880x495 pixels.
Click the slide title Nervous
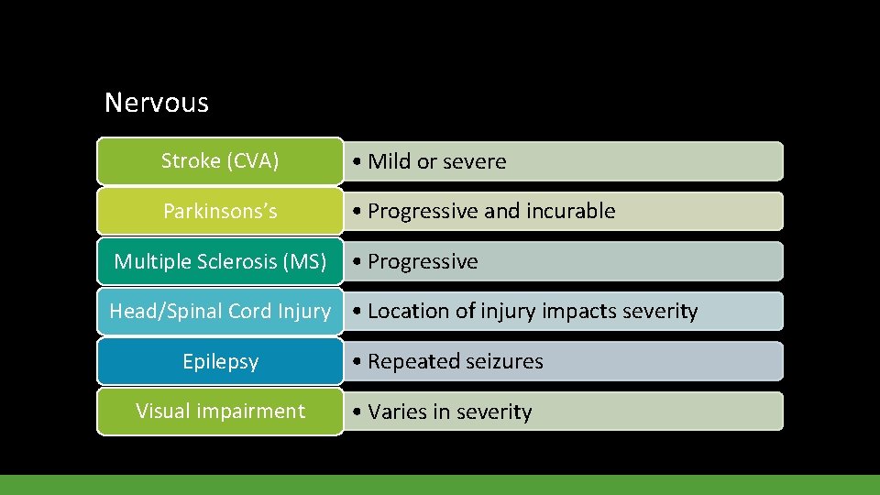[x=157, y=102]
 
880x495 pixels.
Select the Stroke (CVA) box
[x=220, y=161]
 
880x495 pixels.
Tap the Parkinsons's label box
[x=220, y=211]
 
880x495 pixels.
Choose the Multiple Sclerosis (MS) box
[x=220, y=261]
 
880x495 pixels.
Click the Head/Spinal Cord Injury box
[x=220, y=311]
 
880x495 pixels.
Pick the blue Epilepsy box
[x=220, y=361]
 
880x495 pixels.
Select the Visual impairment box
[x=220, y=412]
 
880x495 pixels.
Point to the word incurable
[x=569, y=212]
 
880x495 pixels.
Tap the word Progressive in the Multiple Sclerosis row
[x=423, y=262]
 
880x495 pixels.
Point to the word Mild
[x=390, y=162]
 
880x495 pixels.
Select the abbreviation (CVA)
[x=255, y=161]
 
